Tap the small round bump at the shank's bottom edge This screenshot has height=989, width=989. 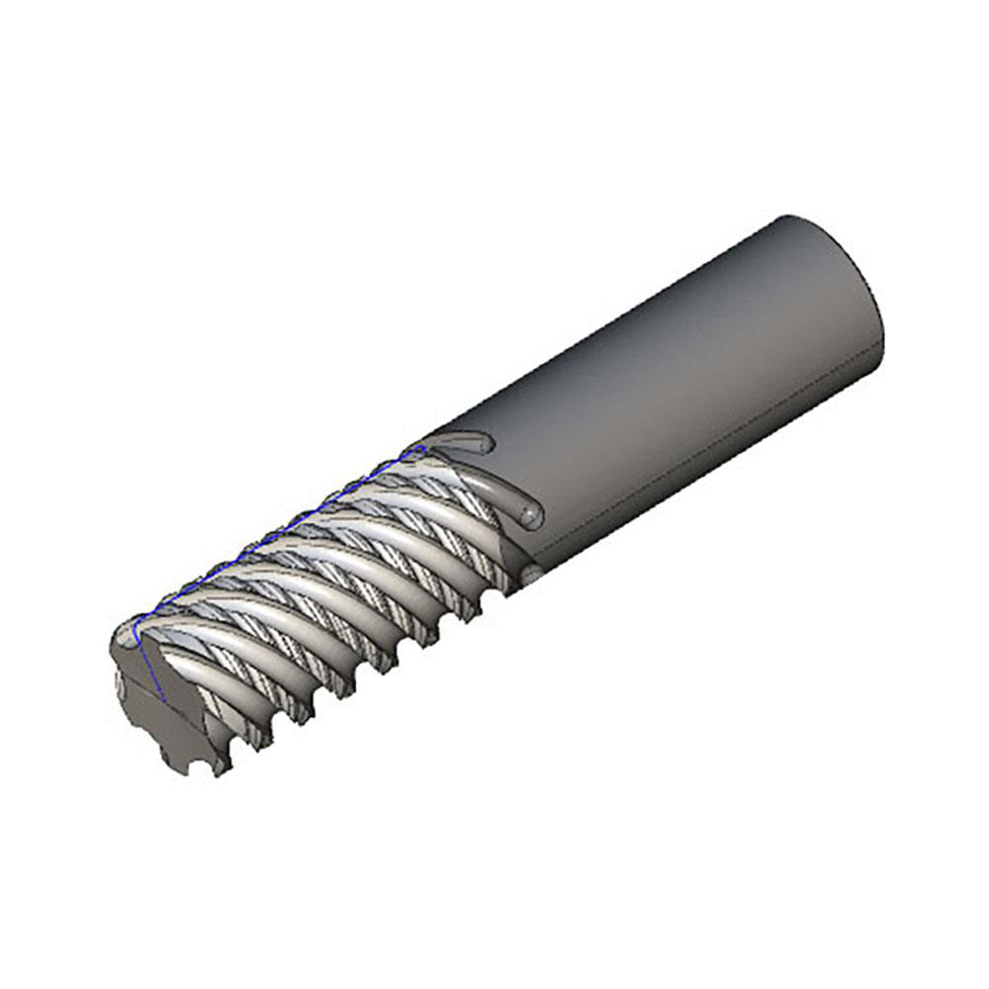[x=531, y=572]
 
